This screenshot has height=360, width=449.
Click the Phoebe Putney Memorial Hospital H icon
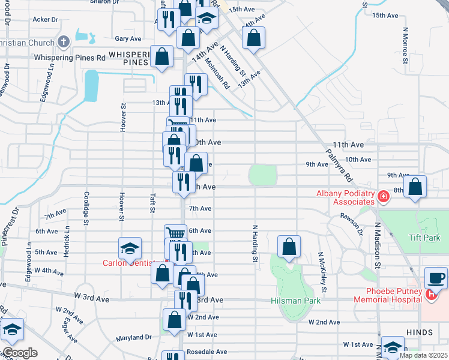click(430, 294)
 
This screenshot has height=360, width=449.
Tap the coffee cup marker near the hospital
click(436, 278)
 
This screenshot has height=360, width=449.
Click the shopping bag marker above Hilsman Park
click(289, 246)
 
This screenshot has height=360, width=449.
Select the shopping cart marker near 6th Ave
click(175, 234)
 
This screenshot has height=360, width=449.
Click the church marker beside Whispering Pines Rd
click(65, 42)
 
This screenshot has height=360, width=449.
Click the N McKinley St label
click(322, 272)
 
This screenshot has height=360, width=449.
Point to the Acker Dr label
click(45, 19)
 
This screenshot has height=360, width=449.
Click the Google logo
click(20, 353)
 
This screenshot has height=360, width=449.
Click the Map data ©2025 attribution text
click(423, 355)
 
